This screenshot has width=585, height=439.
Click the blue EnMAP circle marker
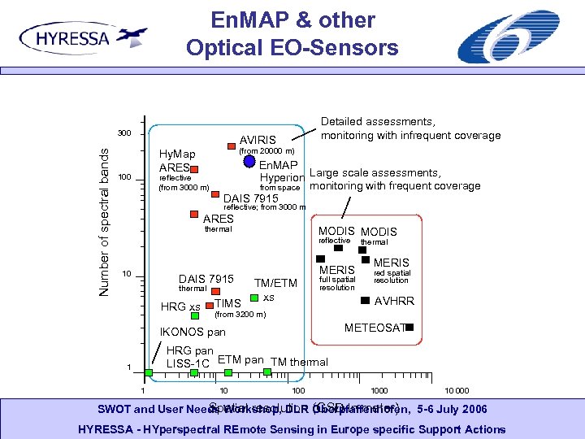[x=249, y=161]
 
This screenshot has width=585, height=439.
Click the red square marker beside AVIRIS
[x=232, y=147]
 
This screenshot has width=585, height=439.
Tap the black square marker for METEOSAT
[x=409, y=327]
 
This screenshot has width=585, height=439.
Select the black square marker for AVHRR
[x=364, y=301]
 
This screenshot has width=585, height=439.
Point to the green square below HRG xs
[x=195, y=316]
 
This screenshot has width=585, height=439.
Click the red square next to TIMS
[x=209, y=306]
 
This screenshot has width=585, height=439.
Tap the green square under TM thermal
[x=268, y=372]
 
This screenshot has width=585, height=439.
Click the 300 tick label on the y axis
[x=123, y=134]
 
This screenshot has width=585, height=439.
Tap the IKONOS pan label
[x=193, y=333]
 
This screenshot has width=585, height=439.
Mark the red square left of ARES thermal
[x=194, y=215]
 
